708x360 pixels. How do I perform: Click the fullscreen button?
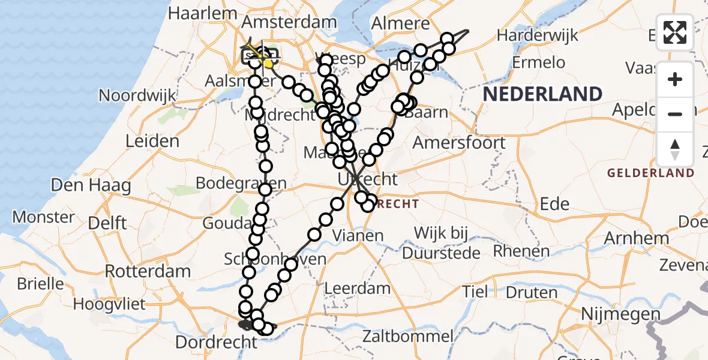675,32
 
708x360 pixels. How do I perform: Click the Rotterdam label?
148,271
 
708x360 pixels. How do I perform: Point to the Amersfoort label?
459,143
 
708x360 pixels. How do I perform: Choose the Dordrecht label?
216,343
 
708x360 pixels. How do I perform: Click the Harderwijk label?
538,35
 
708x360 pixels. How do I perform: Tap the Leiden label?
152,142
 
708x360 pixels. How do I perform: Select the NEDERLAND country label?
542,94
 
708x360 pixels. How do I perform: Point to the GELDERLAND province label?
651,173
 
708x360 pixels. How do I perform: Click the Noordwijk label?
137,95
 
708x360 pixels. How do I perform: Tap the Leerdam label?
357,289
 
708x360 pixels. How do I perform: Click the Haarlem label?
202,13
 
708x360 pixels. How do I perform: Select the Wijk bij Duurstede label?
449,241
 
